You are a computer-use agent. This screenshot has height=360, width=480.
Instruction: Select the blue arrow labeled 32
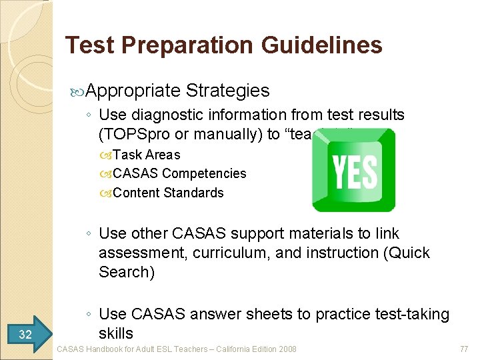[x=27, y=334]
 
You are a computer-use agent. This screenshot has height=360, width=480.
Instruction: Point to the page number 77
[x=464, y=349]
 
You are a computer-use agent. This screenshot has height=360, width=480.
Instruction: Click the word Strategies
[x=228, y=91]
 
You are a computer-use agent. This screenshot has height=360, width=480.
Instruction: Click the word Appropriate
[x=133, y=91]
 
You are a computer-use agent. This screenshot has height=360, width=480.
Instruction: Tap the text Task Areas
[x=147, y=155]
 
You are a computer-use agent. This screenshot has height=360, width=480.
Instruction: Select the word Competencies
[x=204, y=173]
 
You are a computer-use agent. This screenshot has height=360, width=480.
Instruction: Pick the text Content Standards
[x=169, y=193]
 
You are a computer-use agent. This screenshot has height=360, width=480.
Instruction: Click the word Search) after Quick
[x=127, y=272]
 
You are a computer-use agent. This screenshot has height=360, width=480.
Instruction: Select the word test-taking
[x=413, y=314]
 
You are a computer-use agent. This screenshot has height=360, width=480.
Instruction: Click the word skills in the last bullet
[x=116, y=333]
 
